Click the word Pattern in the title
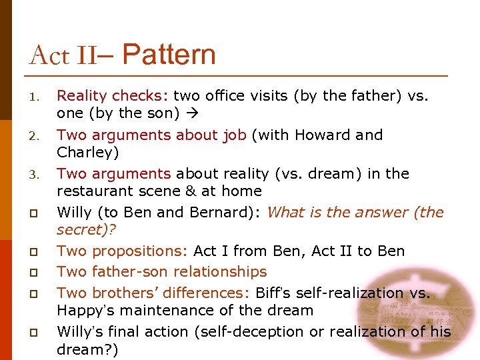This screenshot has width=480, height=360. click(169, 55)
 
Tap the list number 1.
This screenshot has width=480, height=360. click(33, 97)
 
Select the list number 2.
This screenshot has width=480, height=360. click(33, 136)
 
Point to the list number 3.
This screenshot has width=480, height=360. click(33, 175)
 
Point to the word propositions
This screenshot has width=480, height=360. click(140, 251)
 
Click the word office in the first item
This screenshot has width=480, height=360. click(226, 96)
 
